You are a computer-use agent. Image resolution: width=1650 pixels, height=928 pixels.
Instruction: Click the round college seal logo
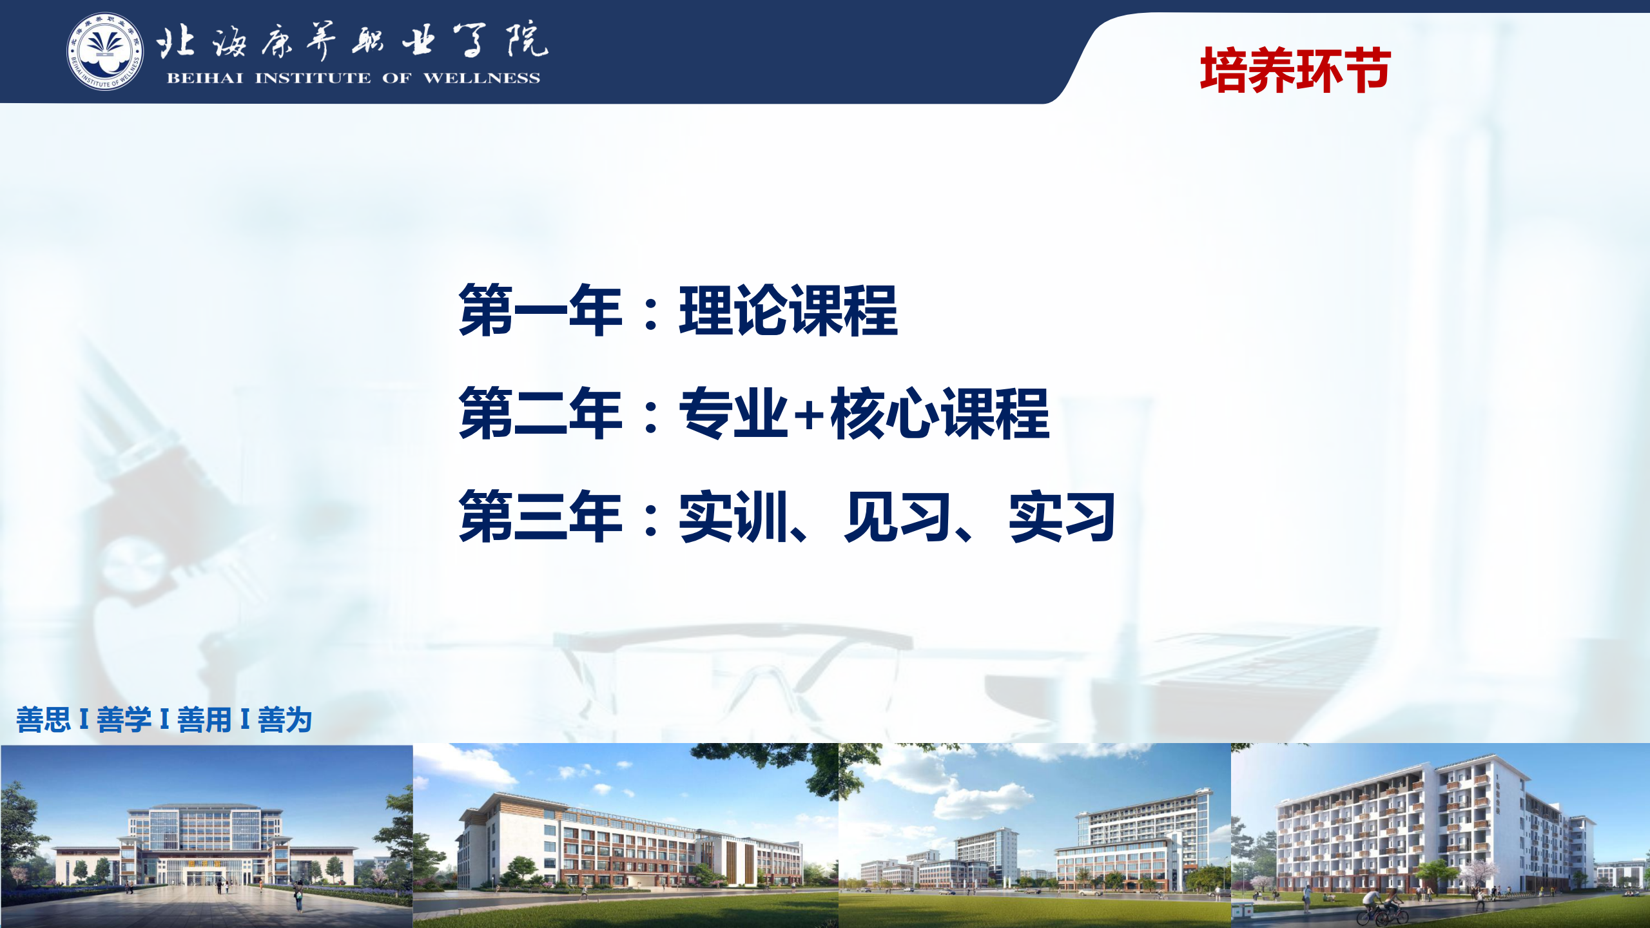105,52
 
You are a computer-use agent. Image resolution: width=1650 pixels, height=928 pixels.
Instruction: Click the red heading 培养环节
1295,70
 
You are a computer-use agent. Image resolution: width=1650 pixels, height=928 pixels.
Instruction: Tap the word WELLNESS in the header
481,78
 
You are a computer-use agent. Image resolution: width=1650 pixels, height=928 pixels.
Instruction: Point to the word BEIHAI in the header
205,78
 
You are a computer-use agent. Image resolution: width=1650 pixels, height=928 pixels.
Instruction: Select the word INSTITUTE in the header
313,78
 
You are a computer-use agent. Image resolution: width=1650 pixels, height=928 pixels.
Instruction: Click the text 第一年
540,310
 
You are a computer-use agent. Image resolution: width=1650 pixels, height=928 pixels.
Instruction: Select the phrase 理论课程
788,310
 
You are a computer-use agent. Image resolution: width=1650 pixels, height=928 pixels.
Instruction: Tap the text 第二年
540,413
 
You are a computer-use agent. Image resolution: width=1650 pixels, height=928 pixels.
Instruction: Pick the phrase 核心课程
940,413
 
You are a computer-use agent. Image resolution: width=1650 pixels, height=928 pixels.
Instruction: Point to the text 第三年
540,516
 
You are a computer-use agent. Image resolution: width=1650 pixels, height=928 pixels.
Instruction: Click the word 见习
898,516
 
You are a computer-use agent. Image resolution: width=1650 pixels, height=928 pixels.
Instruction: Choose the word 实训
733,516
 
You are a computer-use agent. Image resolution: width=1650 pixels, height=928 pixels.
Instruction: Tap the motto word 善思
43,720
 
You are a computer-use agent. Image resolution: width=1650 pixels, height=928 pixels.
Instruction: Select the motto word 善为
285,720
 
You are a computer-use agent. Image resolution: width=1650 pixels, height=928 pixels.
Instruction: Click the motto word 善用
204,720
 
